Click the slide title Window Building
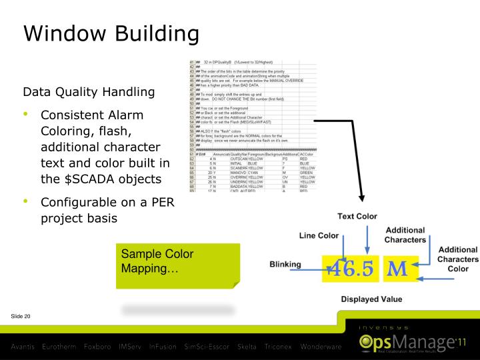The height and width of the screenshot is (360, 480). (111, 33)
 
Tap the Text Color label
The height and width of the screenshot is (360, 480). (357, 216)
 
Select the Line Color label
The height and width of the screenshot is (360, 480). (319, 236)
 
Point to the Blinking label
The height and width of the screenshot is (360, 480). (285, 264)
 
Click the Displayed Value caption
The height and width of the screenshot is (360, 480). (371, 299)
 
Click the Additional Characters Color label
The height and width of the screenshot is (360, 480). (457, 259)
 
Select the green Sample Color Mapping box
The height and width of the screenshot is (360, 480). (177, 265)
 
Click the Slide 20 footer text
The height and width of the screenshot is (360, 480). (21, 315)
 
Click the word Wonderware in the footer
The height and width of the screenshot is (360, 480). (321, 347)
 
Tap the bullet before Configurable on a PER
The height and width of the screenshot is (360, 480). (27, 201)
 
